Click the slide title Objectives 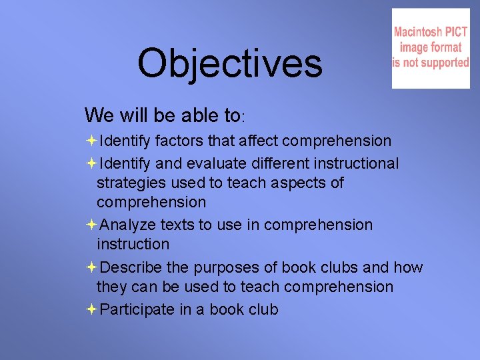(x=230, y=64)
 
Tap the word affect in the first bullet (x=255, y=141)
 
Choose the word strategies (x=133, y=183)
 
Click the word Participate (x=134, y=309)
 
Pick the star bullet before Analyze (x=91, y=225)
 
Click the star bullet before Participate (x=91, y=309)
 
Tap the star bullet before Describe (x=91, y=267)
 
